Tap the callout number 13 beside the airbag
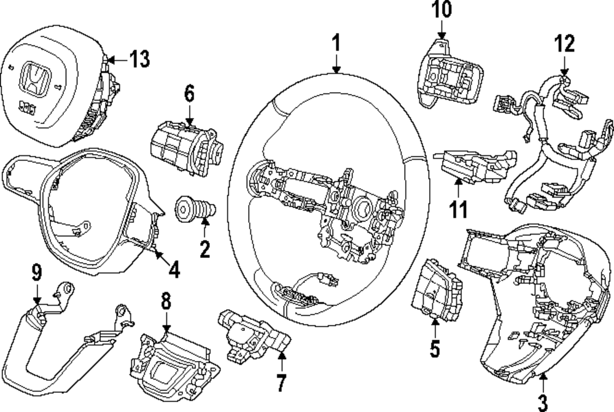(x=139, y=60)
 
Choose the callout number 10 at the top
(x=442, y=10)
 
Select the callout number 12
(x=564, y=44)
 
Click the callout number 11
(x=457, y=209)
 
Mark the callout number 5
(x=435, y=348)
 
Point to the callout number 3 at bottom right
(x=542, y=402)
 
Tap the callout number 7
(x=281, y=382)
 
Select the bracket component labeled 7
(x=252, y=332)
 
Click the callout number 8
(x=166, y=301)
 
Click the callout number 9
(x=37, y=271)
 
